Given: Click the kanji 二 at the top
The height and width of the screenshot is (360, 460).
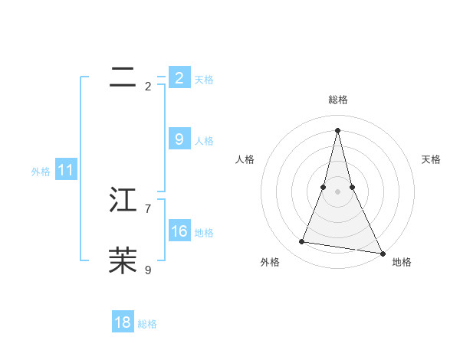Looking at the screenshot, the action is point(123,77).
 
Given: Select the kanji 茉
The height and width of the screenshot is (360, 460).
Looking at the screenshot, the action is point(123,260).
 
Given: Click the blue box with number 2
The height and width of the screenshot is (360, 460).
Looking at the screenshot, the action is point(179,77).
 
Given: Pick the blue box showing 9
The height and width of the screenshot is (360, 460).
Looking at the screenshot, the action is point(179,139).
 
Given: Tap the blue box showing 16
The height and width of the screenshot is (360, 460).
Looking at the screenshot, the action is point(179,231).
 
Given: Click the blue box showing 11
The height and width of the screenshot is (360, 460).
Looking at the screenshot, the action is point(65,171).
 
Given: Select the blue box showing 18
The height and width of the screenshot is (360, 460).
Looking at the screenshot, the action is point(123,322).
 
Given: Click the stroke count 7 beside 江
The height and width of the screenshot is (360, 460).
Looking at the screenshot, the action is point(148,208).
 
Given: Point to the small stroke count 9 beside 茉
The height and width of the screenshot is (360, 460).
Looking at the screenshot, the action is point(148,270).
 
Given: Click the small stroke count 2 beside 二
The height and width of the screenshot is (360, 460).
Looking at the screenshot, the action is point(148,87).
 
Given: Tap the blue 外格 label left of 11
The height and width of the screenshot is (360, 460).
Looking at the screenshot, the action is point(41,172).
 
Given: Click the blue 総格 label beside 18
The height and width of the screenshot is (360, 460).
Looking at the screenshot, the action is point(147,324).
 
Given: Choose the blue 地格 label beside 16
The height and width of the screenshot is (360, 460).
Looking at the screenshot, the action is point(204,233).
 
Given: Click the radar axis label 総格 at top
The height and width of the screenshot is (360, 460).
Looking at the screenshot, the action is point(337,100).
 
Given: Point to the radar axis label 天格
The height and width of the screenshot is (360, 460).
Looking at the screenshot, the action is point(431,159).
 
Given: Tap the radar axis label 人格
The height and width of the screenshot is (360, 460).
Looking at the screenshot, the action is point(245,159).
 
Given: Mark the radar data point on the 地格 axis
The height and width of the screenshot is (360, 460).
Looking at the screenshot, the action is point(382,253).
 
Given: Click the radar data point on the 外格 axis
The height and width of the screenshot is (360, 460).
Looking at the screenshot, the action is point(302,242).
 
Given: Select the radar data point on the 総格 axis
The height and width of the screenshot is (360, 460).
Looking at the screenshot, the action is point(337,129).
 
